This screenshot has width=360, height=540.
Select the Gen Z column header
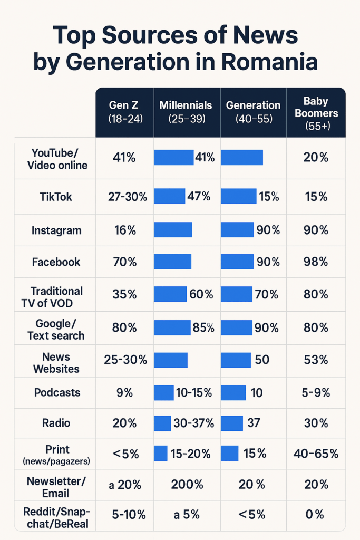(x=125, y=112)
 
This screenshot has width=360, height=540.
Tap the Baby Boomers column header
(x=316, y=113)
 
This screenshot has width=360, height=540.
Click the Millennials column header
(x=186, y=112)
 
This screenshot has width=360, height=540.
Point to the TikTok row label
(x=56, y=197)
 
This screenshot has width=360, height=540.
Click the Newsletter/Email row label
(x=55, y=487)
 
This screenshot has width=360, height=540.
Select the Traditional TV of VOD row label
(x=56, y=296)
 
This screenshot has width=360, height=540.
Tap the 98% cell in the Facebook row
(x=316, y=262)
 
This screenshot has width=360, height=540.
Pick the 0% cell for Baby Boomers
(x=316, y=514)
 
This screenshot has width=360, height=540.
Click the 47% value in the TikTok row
(x=199, y=197)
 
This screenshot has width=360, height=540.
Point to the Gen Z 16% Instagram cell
(x=125, y=230)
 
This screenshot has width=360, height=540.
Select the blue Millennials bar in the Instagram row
(x=173, y=230)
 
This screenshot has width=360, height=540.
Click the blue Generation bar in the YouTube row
(x=241, y=157)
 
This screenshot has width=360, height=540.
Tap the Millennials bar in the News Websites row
(x=171, y=360)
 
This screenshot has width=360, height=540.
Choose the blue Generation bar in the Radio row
(x=232, y=423)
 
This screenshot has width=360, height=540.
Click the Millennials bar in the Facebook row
(x=172, y=262)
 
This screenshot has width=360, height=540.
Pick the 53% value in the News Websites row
(x=316, y=360)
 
